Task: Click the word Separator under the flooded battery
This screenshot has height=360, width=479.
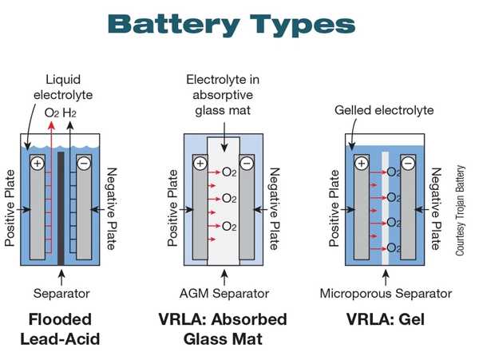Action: [x=60, y=293]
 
